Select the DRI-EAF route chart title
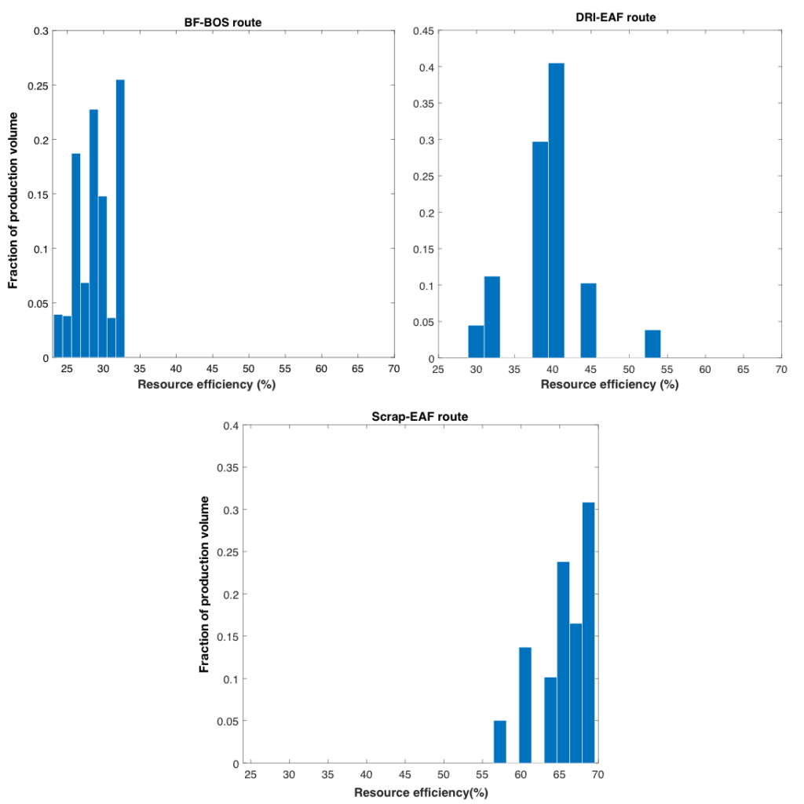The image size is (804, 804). click(x=610, y=16)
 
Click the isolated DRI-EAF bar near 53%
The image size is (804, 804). click(x=652, y=344)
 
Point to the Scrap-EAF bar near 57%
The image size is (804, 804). click(x=500, y=741)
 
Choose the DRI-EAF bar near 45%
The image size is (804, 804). click(x=588, y=320)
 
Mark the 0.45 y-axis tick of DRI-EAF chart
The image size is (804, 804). click(x=426, y=31)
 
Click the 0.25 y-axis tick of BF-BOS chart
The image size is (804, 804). click(x=38, y=86)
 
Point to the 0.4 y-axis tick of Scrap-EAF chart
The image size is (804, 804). click(x=231, y=426)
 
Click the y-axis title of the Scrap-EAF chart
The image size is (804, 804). click(x=204, y=584)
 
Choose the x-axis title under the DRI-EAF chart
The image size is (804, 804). click(x=608, y=385)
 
